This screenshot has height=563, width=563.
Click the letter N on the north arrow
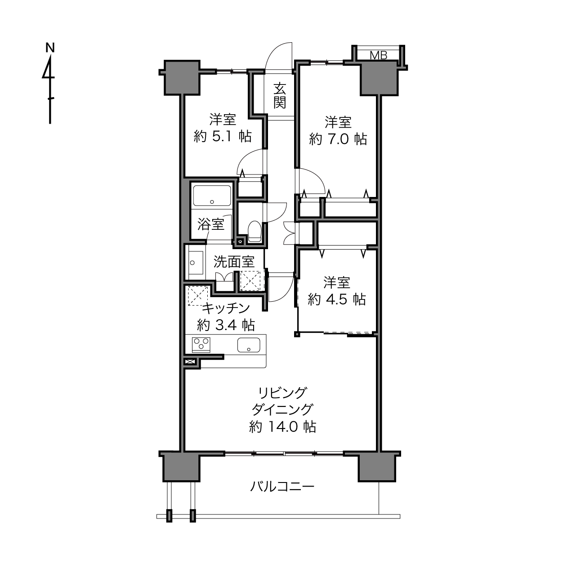coord(50,47)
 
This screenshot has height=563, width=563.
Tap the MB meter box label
coord(378,55)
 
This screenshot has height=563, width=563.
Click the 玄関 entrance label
coord(280,95)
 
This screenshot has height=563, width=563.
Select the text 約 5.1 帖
coord(223,136)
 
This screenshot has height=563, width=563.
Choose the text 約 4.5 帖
coord(337,299)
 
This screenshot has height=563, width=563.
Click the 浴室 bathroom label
coord(211,224)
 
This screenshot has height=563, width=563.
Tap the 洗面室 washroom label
coord(233,261)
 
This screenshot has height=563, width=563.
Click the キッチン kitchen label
coord(226,308)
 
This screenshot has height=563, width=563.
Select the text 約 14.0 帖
coord(282,426)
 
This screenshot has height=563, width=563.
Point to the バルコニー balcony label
coord(282,486)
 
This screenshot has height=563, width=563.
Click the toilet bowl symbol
coord(254,230)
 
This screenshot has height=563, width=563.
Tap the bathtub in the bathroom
coord(211,196)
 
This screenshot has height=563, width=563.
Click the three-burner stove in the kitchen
coord(201,344)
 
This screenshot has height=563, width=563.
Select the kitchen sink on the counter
coord(249,345)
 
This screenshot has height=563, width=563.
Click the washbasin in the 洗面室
coord(195,262)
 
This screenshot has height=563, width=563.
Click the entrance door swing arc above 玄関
coord(280,56)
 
